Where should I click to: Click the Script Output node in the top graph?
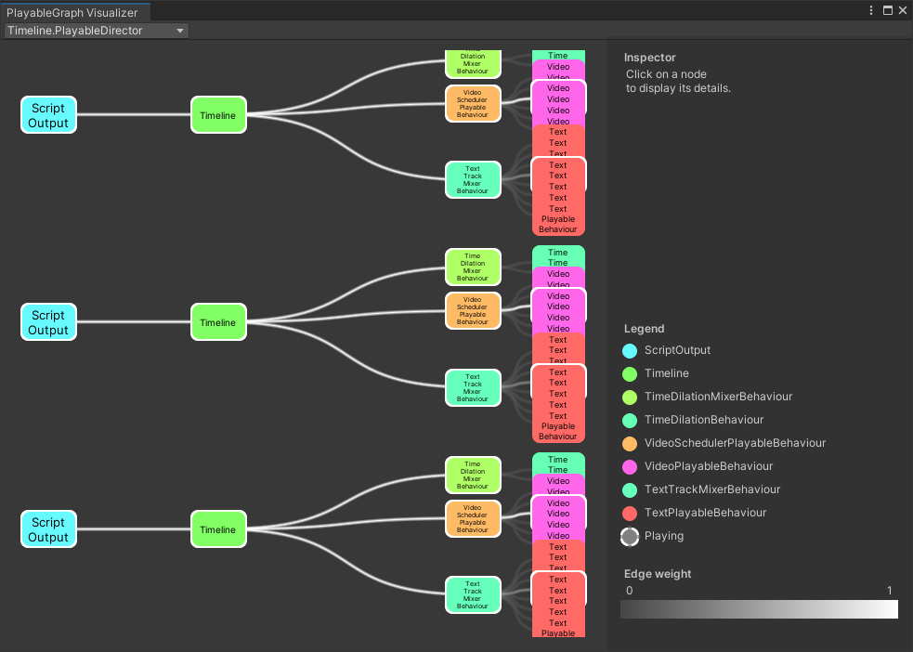pyautogui.click(x=48, y=115)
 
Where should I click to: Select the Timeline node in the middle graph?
pyautogui.click(x=218, y=322)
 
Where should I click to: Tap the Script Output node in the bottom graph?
pyautogui.click(x=48, y=529)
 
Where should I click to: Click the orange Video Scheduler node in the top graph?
pyautogui.click(x=473, y=104)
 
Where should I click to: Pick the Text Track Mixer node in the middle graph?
pyautogui.click(x=473, y=387)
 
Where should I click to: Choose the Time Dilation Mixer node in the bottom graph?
pyautogui.click(x=473, y=475)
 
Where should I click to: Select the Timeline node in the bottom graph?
pyautogui.click(x=218, y=529)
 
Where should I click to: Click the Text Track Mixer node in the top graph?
pyautogui.click(x=473, y=180)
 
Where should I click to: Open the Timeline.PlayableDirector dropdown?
pyautogui.click(x=96, y=31)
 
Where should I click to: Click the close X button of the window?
pyautogui.click(x=902, y=10)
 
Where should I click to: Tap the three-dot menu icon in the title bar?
pyautogui.click(x=871, y=10)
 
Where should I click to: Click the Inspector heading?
pyautogui.click(x=650, y=58)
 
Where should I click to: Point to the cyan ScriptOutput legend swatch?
pyautogui.click(x=630, y=351)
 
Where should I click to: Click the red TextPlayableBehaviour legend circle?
pyautogui.click(x=630, y=513)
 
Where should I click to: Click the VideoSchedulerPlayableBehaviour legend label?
pyautogui.click(x=735, y=443)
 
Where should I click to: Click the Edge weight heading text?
pyautogui.click(x=658, y=574)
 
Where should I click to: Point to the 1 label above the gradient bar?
pyautogui.click(x=889, y=591)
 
